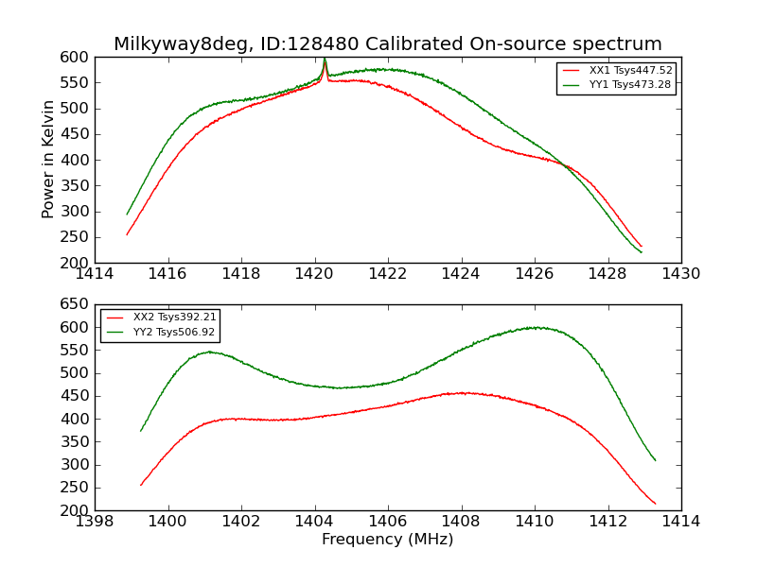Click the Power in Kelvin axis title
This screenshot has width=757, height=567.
pyautogui.click(x=49, y=160)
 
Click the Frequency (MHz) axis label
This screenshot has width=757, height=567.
pyautogui.click(x=387, y=540)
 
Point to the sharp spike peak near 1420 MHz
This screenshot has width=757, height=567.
pyautogui.click(x=325, y=60)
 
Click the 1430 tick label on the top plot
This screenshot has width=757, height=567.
pyautogui.click(x=680, y=274)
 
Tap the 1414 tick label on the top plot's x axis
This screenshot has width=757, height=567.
pyautogui.click(x=95, y=274)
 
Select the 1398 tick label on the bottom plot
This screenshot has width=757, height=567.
pyautogui.click(x=95, y=522)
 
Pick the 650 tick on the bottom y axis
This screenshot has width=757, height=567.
pyautogui.click(x=75, y=304)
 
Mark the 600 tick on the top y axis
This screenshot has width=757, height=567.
pyautogui.click(x=75, y=57)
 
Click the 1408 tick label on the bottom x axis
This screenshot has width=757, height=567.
pyautogui.click(x=461, y=522)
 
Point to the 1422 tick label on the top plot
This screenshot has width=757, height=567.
pyautogui.click(x=387, y=274)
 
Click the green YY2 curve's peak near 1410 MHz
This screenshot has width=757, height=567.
pyautogui.click(x=536, y=328)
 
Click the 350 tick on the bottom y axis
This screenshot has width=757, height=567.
pyautogui.click(x=75, y=441)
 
